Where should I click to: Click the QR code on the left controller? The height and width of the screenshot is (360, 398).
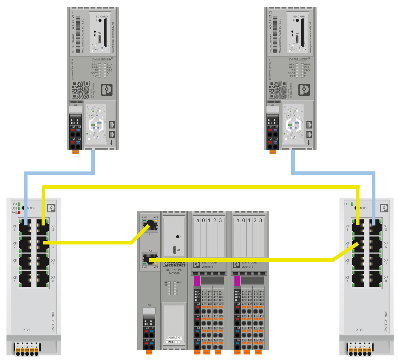(x=80, y=90)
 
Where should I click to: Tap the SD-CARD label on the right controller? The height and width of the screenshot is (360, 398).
(x=299, y=17)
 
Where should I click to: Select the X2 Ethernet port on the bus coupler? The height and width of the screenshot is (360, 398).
(x=150, y=259)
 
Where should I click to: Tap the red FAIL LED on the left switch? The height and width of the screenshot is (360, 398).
(x=19, y=212)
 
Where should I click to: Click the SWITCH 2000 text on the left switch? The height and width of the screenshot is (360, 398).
(x=53, y=321)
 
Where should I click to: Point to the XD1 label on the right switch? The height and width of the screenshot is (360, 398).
(x=359, y=330)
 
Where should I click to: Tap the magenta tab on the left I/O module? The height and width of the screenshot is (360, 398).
(x=197, y=281)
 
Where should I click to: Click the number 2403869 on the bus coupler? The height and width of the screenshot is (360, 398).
(x=174, y=274)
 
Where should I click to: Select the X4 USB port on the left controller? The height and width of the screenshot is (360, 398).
(x=99, y=39)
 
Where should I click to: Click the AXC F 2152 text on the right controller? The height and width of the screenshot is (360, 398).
(x=270, y=20)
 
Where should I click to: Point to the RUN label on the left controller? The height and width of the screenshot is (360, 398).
(x=109, y=64)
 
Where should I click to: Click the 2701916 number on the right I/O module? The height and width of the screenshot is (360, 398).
(x=248, y=267)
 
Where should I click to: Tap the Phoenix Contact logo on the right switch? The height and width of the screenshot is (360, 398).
(x=384, y=208)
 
